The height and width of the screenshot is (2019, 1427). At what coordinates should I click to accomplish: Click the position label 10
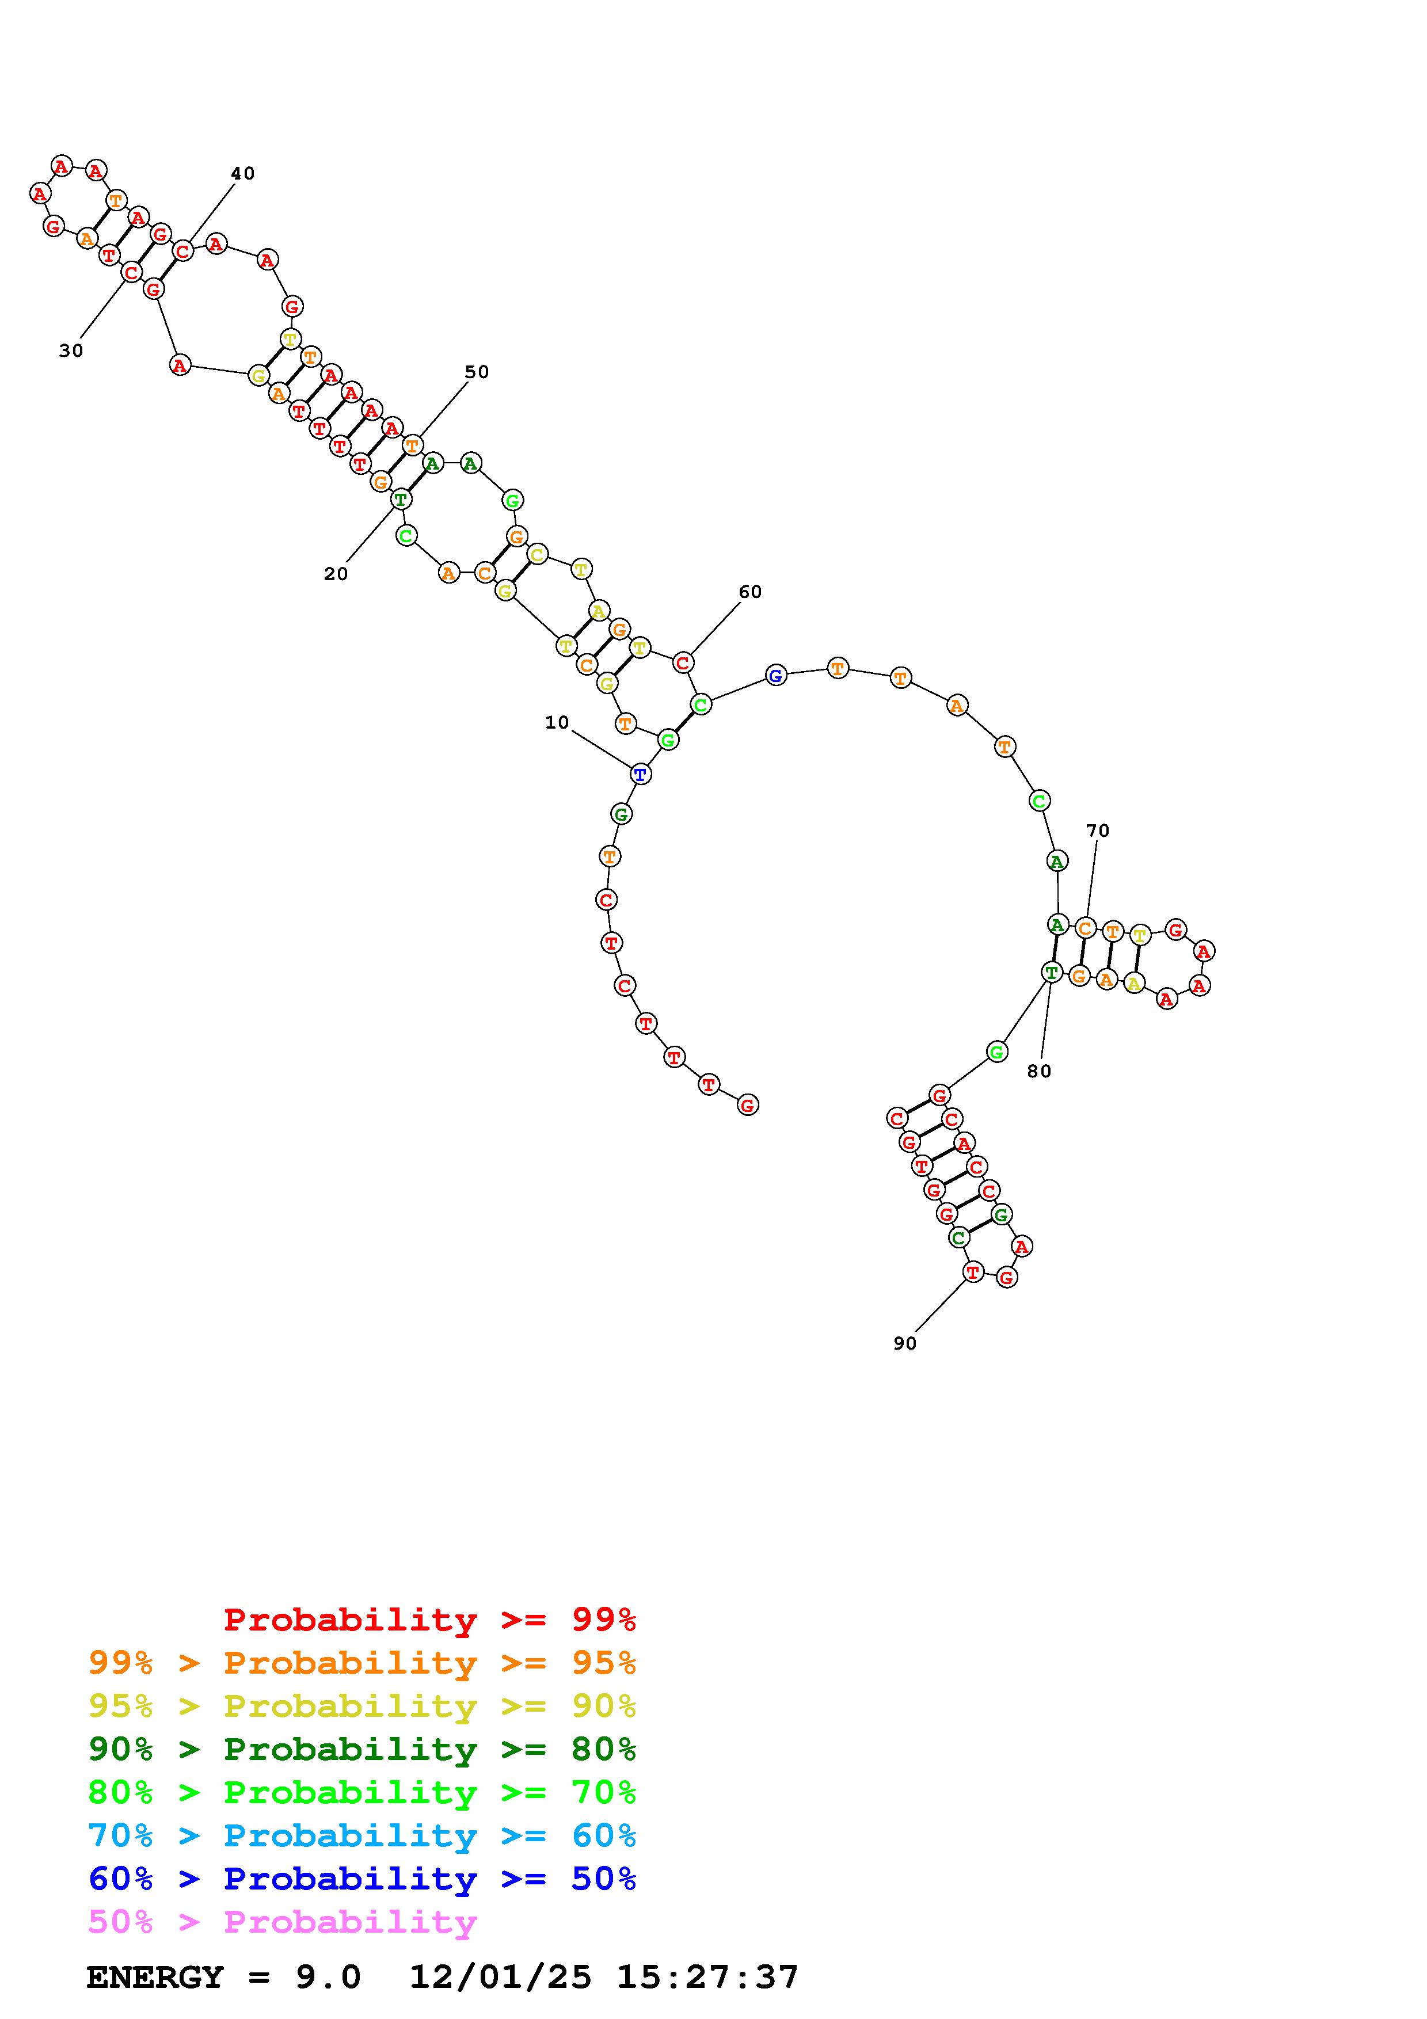[x=557, y=723]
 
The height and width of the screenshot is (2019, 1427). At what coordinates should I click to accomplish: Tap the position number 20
[x=336, y=574]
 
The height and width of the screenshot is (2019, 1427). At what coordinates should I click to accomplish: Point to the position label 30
[x=71, y=351]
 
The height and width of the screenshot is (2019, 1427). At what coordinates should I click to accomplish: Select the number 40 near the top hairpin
[x=243, y=173]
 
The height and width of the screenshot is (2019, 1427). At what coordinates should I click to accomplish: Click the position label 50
[x=477, y=372]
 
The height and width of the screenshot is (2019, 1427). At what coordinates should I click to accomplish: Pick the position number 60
[x=750, y=592]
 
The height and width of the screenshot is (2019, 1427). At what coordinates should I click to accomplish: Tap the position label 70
[x=1097, y=830]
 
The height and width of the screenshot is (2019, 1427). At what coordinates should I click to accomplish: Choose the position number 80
[x=1039, y=1071]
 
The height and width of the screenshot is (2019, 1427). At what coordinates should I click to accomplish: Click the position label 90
[x=905, y=1344]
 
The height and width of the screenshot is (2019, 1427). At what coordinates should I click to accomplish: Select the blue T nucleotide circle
[x=641, y=775]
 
